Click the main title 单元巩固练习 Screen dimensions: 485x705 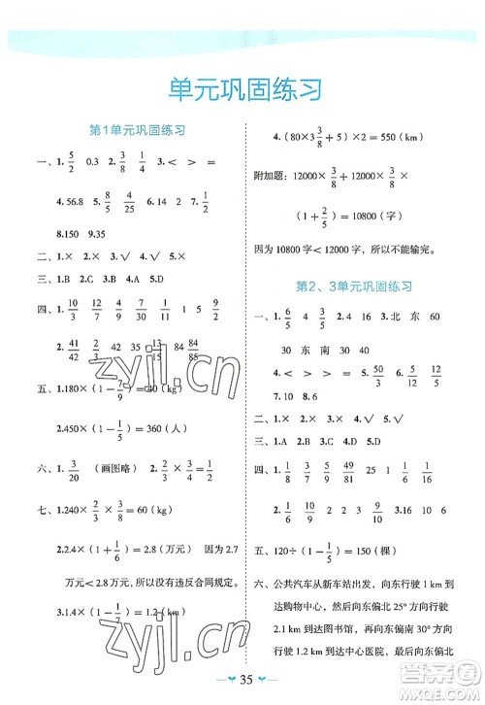tap(242, 86)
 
